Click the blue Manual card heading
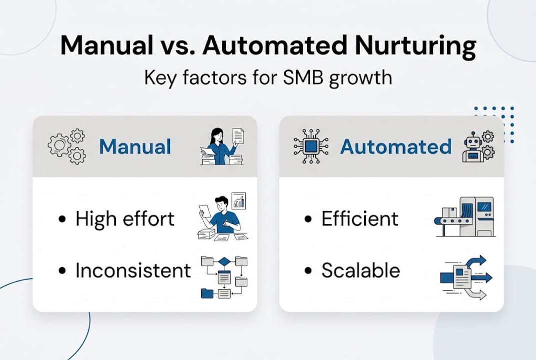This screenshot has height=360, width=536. (135, 147)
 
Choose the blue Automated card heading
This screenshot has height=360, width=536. (396, 147)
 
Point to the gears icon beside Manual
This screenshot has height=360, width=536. (67, 146)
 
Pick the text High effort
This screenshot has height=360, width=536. (125, 219)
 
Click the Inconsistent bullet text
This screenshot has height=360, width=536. (133, 270)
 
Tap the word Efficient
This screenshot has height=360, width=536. (360, 219)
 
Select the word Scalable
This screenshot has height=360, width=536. (361, 270)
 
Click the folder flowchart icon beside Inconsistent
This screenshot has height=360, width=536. (224, 277)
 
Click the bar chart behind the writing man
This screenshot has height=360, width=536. (239, 201)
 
